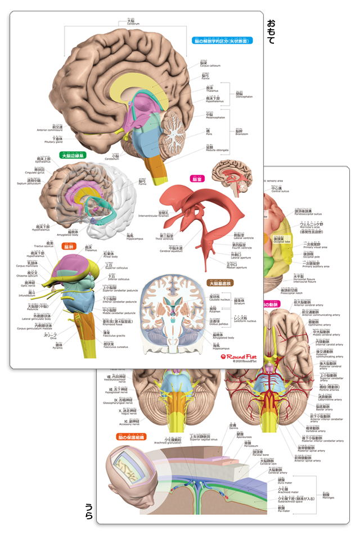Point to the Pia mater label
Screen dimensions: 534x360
point(285,510)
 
